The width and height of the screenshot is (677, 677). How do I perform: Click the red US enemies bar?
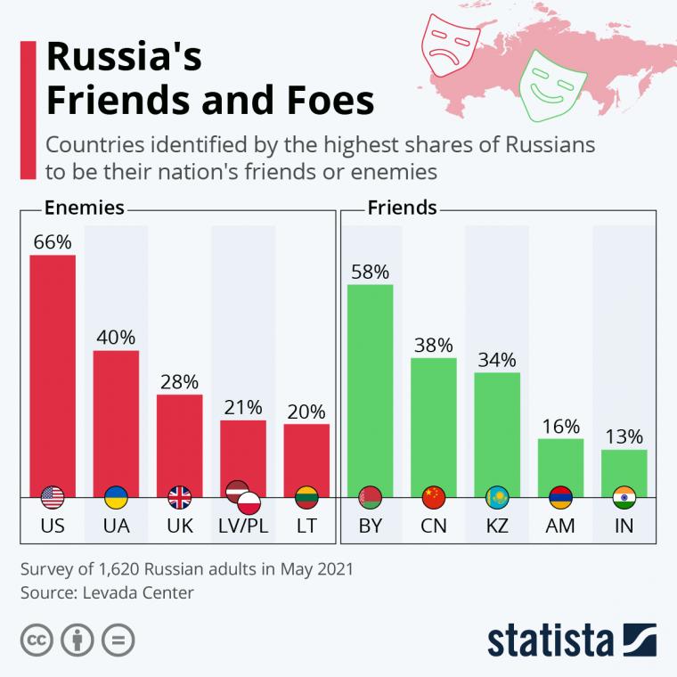click(x=53, y=374)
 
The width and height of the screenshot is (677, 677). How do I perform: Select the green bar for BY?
click(x=370, y=387)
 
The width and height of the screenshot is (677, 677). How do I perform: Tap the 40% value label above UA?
click(x=116, y=338)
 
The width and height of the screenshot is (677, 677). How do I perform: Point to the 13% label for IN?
click(x=624, y=436)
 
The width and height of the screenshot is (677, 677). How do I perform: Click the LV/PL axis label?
click(x=242, y=526)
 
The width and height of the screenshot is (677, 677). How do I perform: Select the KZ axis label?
click(x=496, y=526)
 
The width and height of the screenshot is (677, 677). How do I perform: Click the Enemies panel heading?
click(x=84, y=208)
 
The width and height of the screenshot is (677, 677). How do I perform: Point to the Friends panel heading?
click(x=401, y=208)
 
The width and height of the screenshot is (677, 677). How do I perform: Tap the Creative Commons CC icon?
click(x=37, y=640)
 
